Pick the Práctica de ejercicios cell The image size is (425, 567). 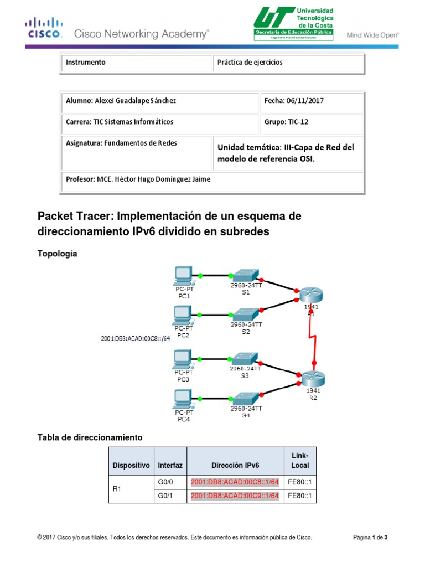tap(250, 63)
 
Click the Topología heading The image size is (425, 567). tap(57, 254)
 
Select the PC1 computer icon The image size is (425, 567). tap(183, 275)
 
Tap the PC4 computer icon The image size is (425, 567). tap(183, 398)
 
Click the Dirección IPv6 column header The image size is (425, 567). tap(235, 466)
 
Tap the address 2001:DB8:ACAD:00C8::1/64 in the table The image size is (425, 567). tap(235, 482)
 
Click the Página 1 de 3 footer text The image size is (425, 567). tap(374, 537)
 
